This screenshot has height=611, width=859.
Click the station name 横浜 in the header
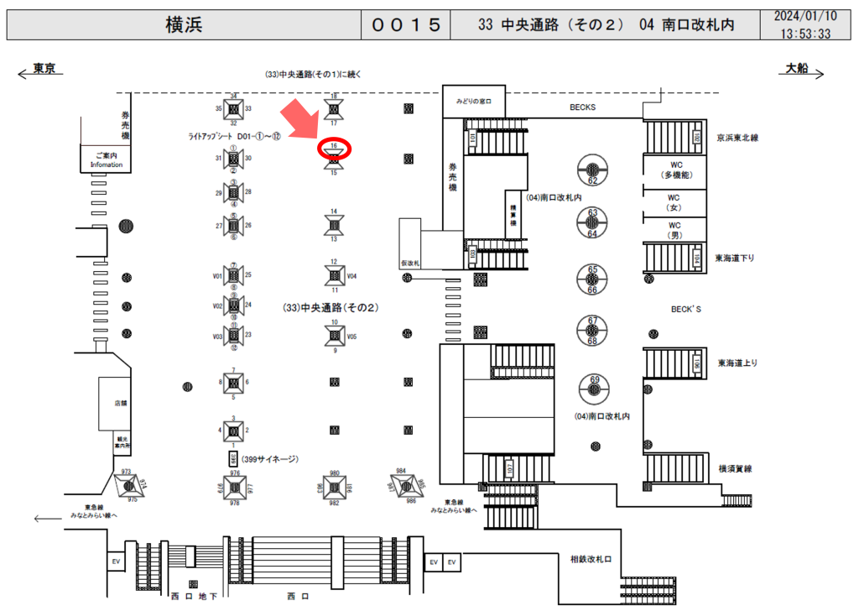pos(184,24)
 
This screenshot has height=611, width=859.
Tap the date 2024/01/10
pos(804,16)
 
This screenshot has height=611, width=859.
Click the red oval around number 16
pos(334,149)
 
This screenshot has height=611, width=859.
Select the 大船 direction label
pos(797,70)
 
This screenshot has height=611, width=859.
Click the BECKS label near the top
pos(582,107)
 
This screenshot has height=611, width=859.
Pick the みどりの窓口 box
pos(479,101)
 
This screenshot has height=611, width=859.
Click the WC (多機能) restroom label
pos(674,170)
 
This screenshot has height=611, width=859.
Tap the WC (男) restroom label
pos(674,230)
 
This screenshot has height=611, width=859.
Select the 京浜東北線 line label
pos(737,137)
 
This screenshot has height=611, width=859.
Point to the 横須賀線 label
pos(738,468)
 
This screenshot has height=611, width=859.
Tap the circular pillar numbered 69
pos(594,387)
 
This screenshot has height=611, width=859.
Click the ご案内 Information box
pos(107,159)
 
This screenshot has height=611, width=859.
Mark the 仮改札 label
pos(410,264)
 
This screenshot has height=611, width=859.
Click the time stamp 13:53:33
pos(804,34)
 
